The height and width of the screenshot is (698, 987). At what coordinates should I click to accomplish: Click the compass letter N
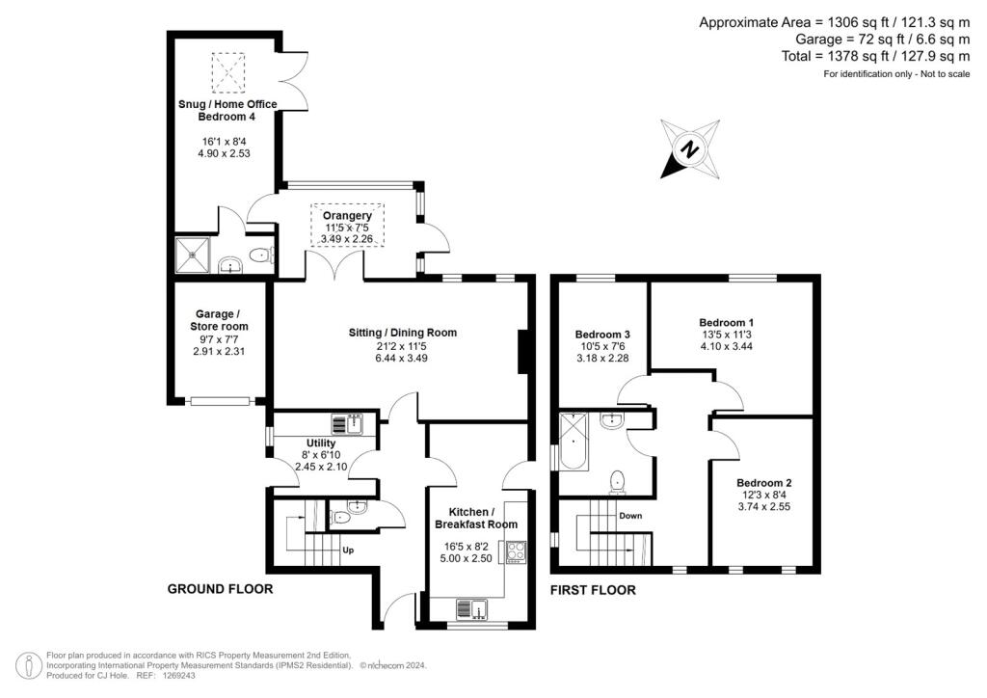pos(690,150)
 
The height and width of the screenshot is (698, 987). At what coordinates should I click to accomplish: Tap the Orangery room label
pos(347,215)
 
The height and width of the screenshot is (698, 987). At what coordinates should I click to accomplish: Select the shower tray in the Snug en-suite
pos(192,255)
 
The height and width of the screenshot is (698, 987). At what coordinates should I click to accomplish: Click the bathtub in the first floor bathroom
pos(574,442)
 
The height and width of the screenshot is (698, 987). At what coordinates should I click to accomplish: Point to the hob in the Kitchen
pos(516,552)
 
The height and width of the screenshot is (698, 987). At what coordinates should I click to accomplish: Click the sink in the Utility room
pos(347,424)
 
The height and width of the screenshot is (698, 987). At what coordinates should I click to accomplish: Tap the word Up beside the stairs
pos(348,550)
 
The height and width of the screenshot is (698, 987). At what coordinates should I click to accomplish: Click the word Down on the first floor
pos(630,516)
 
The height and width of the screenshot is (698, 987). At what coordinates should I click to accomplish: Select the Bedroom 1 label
pos(727,322)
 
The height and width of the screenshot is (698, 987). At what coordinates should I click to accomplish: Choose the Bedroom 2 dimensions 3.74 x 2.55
pos(764,507)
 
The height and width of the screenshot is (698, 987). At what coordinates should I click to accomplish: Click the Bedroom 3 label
pos(602,335)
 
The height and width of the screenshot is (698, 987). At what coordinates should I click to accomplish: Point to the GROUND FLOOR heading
pos(221,589)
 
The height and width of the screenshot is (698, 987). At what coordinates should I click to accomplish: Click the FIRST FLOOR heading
pos(593,590)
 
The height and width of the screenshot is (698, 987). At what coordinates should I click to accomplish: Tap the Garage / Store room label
pos(219,320)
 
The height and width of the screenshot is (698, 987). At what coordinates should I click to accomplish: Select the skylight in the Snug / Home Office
pos(227,73)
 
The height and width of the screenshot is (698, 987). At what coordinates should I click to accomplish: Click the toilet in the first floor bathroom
pos(618,480)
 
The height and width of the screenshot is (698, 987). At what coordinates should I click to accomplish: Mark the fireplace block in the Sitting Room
pos(521,352)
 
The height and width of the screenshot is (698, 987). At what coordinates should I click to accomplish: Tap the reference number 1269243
pos(178,675)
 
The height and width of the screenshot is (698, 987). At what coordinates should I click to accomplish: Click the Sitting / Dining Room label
pos(403,333)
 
